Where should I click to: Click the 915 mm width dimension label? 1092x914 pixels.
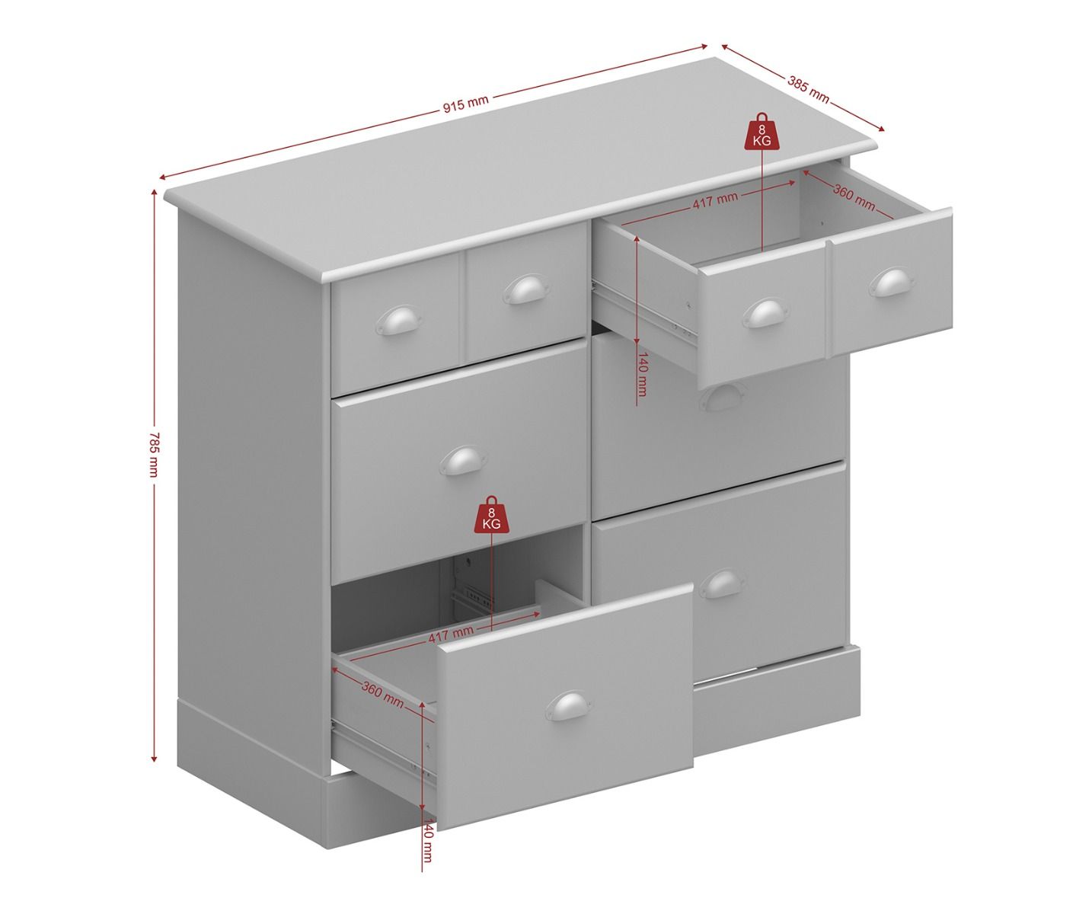pos(465,104)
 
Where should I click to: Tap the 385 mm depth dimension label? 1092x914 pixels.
pos(808,89)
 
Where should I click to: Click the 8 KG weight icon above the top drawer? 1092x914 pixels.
pos(762,131)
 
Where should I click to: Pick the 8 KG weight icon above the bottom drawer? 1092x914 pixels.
pos(491,515)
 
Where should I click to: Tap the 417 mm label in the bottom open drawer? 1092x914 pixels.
pos(451,634)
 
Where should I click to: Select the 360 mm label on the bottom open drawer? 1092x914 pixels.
pos(382,695)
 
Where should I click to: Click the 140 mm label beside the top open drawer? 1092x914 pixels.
pos(642,374)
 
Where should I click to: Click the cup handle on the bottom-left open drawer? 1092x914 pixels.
pos(569,706)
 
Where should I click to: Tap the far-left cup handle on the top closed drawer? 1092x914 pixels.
pos(398,320)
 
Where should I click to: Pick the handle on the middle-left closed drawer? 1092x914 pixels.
pos(462,460)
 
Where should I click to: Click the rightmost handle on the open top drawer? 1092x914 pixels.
pos(891,283)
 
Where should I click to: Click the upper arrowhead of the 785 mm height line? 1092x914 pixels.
pos(154,193)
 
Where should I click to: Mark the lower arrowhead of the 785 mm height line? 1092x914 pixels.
pos(154,759)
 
